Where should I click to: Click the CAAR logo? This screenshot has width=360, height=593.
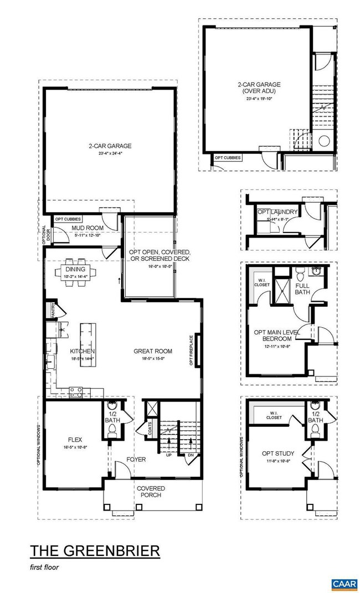[x=343, y=584]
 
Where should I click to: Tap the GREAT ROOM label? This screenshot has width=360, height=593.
[x=153, y=350]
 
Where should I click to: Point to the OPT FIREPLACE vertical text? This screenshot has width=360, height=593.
[x=191, y=350]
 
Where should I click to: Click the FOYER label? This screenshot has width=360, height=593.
[x=136, y=458]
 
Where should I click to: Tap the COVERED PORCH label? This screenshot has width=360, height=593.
[x=150, y=491]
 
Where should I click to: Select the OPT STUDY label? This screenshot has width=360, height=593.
[x=278, y=453]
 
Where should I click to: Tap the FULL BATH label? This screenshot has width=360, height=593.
[x=302, y=288]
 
